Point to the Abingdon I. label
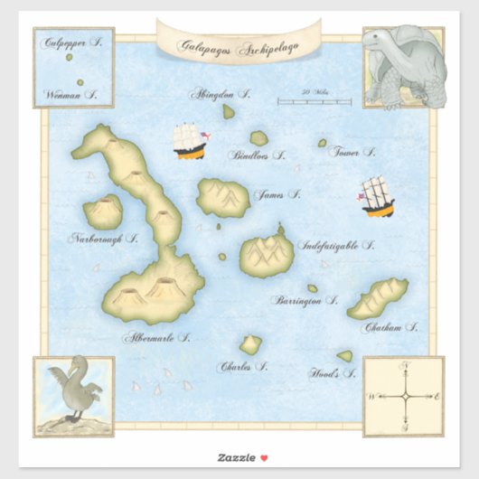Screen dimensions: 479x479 219,93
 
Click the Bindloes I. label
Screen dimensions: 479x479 258,155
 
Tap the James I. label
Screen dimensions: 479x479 277,194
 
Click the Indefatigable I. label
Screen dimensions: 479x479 342,245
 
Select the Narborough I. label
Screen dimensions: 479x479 104,239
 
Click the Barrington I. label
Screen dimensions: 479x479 305,299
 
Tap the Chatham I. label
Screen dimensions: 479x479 390,328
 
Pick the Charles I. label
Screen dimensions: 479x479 242,367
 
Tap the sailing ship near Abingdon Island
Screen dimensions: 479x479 188,141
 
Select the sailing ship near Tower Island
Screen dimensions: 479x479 377,196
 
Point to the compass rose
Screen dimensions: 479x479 404,396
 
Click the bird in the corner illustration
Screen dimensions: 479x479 71,390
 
